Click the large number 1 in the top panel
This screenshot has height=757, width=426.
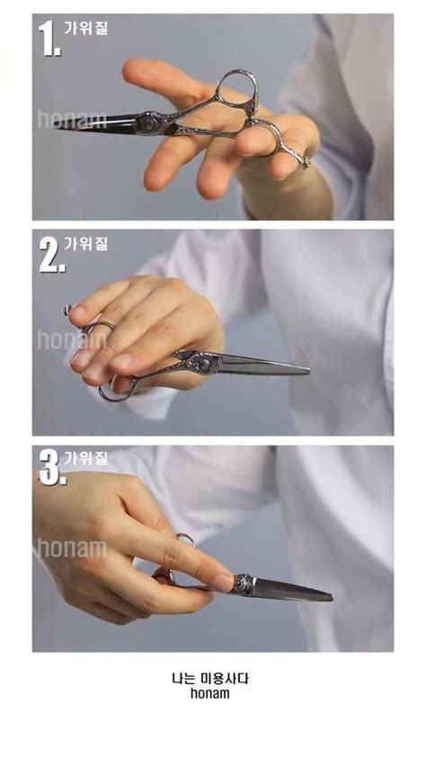click(x=49, y=38)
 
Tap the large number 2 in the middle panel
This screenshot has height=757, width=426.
click(x=52, y=255)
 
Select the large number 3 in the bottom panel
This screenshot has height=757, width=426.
click(x=52, y=467)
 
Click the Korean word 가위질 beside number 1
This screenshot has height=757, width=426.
click(x=85, y=28)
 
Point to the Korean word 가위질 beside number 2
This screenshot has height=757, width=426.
click(x=85, y=243)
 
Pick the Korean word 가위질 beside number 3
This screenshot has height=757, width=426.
click(x=85, y=457)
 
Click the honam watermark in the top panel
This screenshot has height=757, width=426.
click(x=72, y=119)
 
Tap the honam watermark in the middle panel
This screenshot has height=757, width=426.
click(x=72, y=339)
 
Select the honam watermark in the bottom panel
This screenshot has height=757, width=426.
click(x=72, y=548)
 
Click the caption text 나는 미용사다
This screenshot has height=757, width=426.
click(x=210, y=679)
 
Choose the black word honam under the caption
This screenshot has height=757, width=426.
click(x=210, y=694)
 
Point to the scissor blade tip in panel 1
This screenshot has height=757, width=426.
click(x=55, y=127)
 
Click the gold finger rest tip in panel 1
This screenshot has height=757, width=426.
click(x=306, y=163)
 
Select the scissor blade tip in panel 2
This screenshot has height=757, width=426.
click(x=307, y=372)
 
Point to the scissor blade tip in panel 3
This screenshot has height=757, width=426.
click(x=331, y=599)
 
